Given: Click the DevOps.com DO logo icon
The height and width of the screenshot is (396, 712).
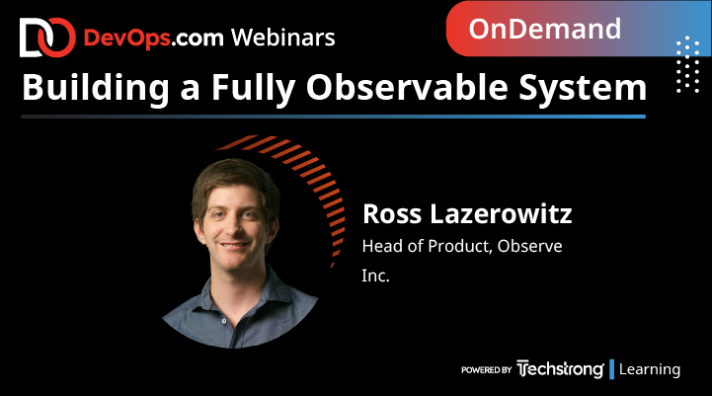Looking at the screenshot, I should [45, 38].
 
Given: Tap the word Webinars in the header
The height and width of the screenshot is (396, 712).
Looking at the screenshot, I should [282, 38].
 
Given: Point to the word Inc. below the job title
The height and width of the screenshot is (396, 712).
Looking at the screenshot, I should [376, 277].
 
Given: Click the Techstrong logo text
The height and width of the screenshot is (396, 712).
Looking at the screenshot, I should [560, 369].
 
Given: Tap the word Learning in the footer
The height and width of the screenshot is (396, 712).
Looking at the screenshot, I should [650, 369].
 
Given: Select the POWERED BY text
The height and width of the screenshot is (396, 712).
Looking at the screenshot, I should [486, 370].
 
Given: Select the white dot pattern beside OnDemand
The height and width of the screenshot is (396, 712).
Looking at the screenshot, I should [687, 65].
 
